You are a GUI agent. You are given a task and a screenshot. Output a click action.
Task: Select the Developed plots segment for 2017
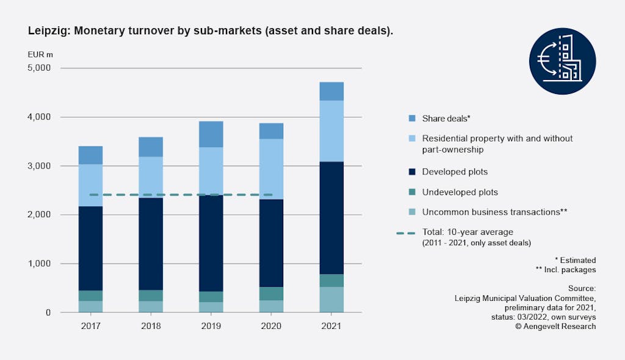pyautogui.click(x=90, y=248)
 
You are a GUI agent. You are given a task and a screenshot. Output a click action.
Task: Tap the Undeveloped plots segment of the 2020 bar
pyautogui.click(x=271, y=293)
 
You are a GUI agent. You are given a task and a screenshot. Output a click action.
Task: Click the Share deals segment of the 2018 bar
pyautogui.click(x=151, y=146)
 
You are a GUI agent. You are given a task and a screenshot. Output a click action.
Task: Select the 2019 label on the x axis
pyautogui.click(x=211, y=326)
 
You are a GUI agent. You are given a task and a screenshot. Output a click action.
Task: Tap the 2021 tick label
pyautogui.click(x=332, y=326)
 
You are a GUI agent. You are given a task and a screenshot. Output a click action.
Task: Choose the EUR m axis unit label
pyautogui.click(x=40, y=54)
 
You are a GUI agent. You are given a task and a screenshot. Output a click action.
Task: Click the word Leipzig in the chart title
pyautogui.click(x=48, y=30)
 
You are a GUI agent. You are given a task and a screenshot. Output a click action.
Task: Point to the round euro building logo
pyautogui.click(x=562, y=60)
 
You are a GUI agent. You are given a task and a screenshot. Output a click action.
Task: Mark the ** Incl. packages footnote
pyautogui.click(x=566, y=269)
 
